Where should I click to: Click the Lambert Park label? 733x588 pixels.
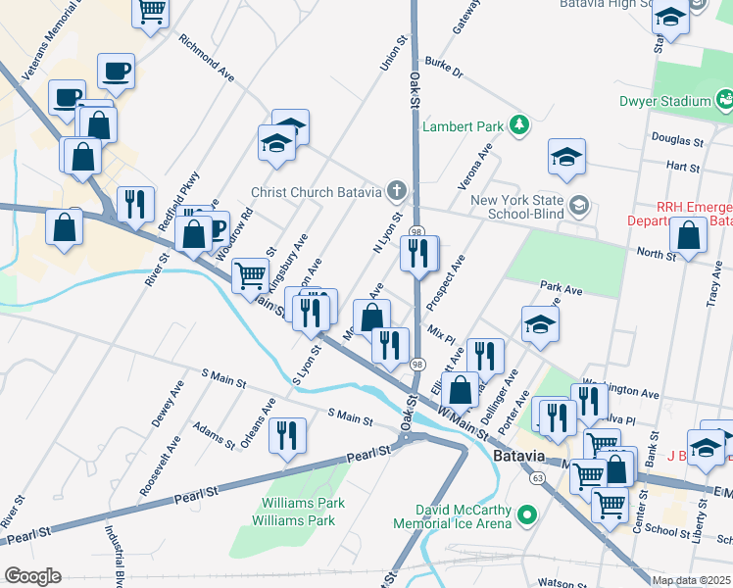[x=462, y=125]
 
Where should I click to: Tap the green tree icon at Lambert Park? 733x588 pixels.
[x=519, y=125]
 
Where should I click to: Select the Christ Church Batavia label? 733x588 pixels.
[x=318, y=192]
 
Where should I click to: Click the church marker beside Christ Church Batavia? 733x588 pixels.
[x=396, y=190]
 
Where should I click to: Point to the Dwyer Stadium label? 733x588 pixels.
[x=664, y=101]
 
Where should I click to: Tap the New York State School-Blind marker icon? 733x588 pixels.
[x=579, y=204]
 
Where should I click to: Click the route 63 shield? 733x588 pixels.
[x=537, y=478]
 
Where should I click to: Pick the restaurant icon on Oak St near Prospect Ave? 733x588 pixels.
[x=419, y=254]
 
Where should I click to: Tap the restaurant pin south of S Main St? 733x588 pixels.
[x=287, y=436]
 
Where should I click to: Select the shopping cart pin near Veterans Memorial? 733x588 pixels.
[x=151, y=11]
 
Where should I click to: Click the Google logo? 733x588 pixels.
[x=33, y=575]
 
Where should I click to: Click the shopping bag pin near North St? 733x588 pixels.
[x=689, y=235]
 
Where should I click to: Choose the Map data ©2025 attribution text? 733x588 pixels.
[x=690, y=580]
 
